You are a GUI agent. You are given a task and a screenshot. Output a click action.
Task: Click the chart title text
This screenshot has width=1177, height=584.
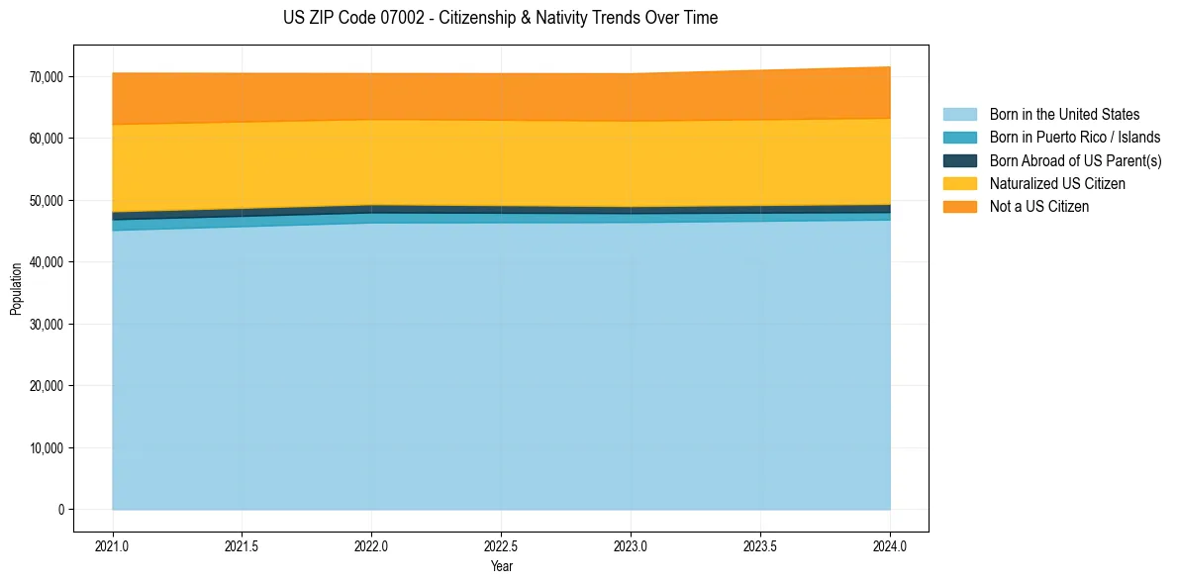point(500,18)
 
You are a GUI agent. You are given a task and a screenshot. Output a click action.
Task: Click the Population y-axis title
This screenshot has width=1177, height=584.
point(16,289)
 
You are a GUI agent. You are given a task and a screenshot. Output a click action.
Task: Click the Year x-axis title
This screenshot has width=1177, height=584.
point(501,567)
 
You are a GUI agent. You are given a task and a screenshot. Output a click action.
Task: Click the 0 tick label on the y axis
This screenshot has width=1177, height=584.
point(59,510)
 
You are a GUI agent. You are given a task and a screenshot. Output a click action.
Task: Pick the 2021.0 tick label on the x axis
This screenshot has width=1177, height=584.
point(113,545)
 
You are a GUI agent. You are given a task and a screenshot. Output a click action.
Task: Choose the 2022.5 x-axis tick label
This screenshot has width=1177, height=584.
point(501,545)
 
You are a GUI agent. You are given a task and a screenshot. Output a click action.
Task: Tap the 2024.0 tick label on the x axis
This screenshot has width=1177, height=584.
point(890,545)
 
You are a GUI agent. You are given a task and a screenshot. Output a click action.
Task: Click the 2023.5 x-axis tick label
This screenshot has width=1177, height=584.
point(760,545)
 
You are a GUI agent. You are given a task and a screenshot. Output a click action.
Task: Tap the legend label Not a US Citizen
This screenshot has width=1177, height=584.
point(1038,207)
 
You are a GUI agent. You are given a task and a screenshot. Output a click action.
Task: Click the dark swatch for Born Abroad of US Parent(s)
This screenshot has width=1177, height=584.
point(959,160)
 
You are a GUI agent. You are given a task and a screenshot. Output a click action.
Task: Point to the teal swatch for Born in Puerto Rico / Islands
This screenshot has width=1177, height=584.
point(959,138)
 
